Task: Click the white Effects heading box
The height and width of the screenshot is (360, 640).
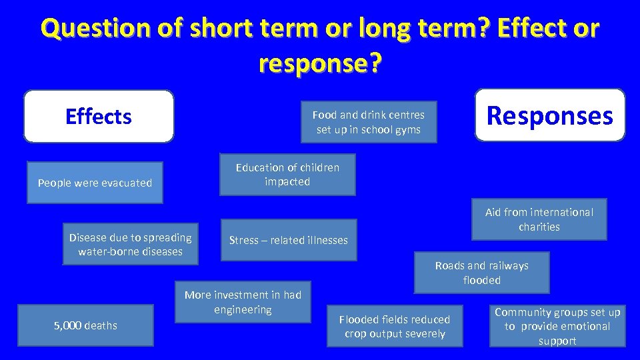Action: point(99,117)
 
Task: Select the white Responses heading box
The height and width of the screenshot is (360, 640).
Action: point(550,115)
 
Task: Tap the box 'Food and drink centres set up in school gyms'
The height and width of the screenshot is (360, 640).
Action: point(369,122)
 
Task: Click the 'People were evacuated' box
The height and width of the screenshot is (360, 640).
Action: point(95,183)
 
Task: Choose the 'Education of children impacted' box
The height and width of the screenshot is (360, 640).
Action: point(287,175)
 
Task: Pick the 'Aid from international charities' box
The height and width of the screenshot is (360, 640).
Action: point(539,219)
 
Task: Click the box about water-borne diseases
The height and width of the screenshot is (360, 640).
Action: point(130,244)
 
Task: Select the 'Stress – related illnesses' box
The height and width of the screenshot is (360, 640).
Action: point(289,240)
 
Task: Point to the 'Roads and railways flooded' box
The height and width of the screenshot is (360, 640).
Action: point(481,273)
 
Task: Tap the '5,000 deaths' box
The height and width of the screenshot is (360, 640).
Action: point(85,325)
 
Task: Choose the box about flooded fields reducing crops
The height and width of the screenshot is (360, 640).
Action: point(395,326)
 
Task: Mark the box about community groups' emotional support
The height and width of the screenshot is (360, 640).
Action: point(557,326)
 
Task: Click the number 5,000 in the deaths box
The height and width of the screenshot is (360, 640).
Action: point(67,325)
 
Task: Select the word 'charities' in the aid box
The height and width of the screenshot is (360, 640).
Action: point(539,227)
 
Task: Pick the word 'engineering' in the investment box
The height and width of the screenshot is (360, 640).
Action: point(243,309)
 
